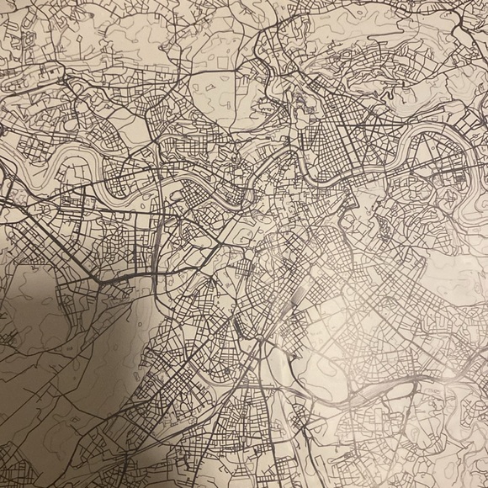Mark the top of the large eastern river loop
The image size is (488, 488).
point(421,133)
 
